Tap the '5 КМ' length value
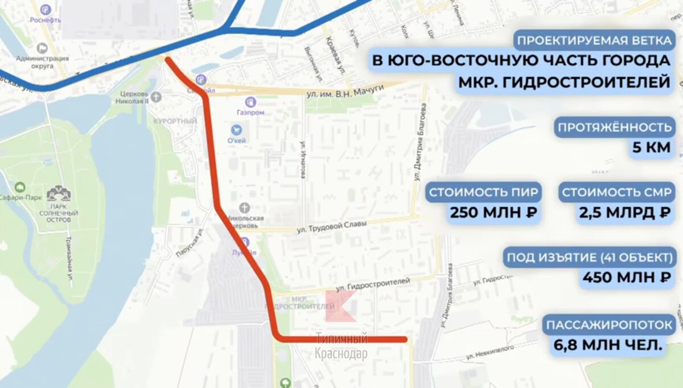651,149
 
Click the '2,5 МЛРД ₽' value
624,213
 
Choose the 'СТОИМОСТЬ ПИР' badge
483,192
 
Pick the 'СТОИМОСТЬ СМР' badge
617,192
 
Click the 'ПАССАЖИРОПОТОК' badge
610,325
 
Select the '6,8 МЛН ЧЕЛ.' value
608,345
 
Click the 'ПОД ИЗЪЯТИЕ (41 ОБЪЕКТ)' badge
591,257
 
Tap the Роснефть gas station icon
46,10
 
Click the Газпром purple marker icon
250,102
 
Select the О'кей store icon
236,130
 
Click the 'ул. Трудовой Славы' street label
332,226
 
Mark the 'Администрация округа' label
42,62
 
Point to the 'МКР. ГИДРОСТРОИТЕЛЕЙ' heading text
563,82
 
